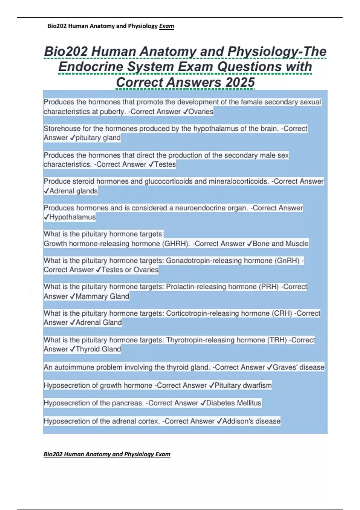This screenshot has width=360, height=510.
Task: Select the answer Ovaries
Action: click(201, 112)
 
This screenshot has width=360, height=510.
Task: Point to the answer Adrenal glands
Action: click(73, 191)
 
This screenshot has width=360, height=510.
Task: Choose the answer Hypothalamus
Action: click(72, 217)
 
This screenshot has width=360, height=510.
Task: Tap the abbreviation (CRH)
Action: click(282, 313)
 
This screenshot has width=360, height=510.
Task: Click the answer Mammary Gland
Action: click(102, 296)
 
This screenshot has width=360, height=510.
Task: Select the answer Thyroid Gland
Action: click(98, 349)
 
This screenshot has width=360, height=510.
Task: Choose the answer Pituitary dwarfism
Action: click(243, 385)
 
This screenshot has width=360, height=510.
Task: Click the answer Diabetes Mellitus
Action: click(233, 403)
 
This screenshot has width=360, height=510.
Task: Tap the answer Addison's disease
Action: click(251, 421)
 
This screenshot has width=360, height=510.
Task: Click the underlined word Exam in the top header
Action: click(166, 26)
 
